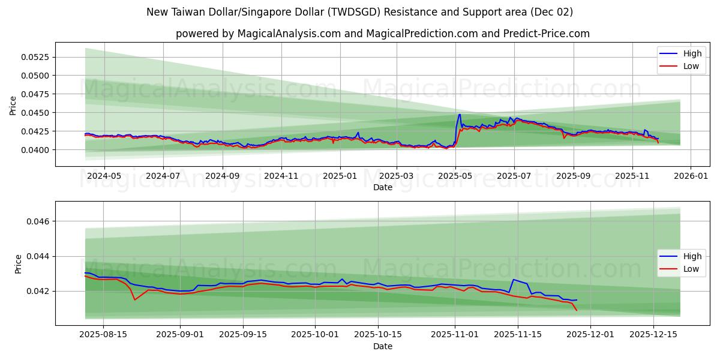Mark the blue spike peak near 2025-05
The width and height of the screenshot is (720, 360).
coord(460,114)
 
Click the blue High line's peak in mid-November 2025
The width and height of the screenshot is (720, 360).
coord(513,280)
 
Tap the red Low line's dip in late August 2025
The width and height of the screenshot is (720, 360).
coord(134,299)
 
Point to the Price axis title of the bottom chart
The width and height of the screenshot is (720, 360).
coord(18,263)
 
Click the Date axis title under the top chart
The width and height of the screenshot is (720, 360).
coord(383,187)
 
